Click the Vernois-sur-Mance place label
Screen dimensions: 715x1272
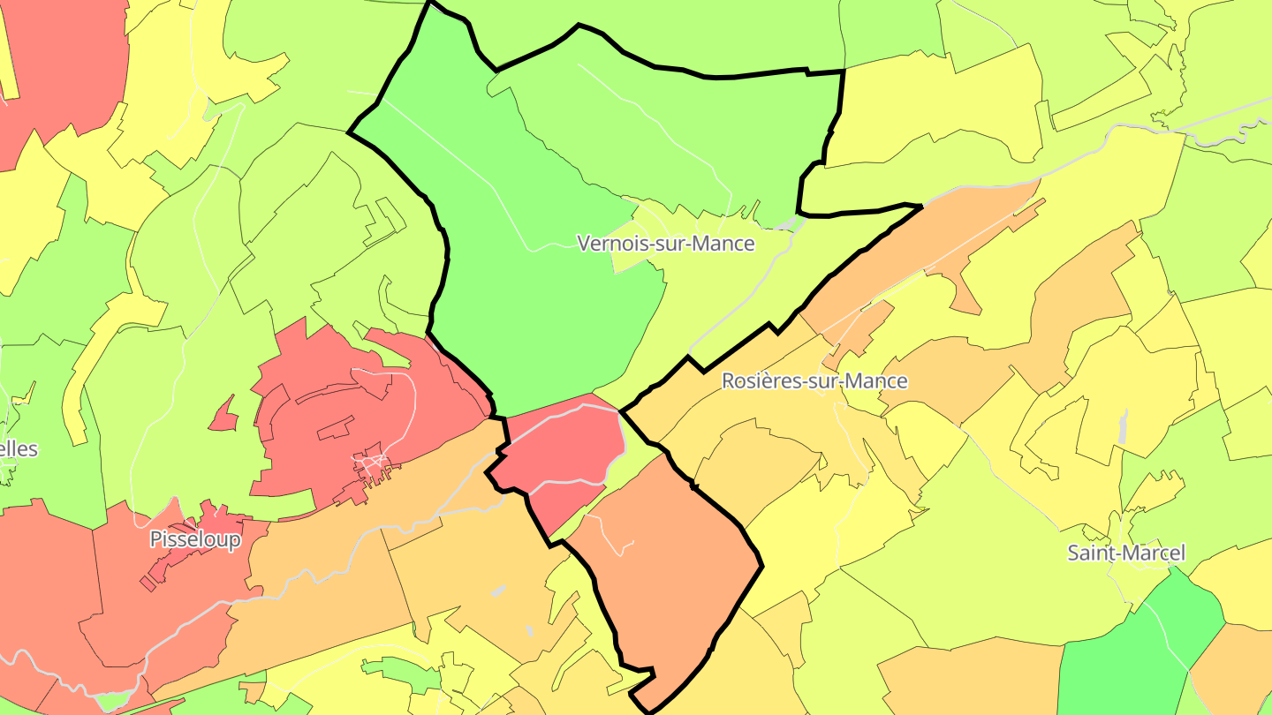(665, 243)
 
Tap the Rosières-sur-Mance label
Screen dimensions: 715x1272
(814, 380)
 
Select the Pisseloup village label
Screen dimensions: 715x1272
(194, 539)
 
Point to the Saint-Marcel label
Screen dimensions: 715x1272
(1125, 553)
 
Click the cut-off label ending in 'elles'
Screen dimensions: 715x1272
(19, 448)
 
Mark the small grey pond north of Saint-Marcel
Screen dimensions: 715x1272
(1123, 427)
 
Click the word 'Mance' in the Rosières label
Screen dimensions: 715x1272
(874, 380)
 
